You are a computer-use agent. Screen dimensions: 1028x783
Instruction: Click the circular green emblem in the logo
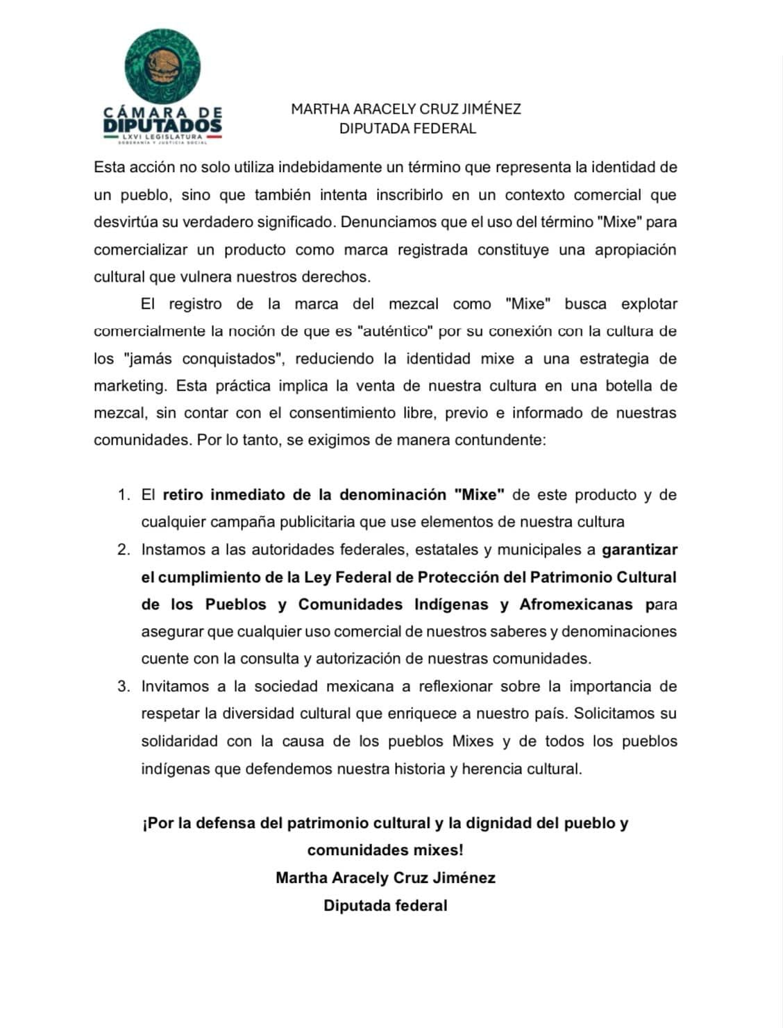click(x=162, y=67)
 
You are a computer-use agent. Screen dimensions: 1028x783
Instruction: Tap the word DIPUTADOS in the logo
click(x=162, y=126)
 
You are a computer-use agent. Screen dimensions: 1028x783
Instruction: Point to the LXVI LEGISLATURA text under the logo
click(x=162, y=137)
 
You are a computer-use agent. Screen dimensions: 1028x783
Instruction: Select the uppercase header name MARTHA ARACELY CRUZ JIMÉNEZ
click(x=406, y=109)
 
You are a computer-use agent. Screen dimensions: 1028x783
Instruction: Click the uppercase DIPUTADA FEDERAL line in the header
click(x=407, y=128)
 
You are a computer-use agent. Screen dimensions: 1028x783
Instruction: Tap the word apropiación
click(x=635, y=250)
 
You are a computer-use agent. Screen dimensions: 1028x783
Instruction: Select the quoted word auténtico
click(x=395, y=331)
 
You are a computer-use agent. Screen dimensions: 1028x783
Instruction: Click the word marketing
click(x=130, y=386)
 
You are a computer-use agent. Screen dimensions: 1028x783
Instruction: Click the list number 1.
click(x=124, y=495)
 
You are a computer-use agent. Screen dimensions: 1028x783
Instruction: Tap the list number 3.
click(x=124, y=686)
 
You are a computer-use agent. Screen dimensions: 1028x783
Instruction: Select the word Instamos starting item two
click(x=172, y=550)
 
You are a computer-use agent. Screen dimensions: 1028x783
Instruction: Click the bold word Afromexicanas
click(x=576, y=605)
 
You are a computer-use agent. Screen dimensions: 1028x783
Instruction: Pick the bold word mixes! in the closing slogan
click(x=436, y=850)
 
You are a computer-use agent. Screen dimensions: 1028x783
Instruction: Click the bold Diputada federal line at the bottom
click(x=385, y=906)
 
